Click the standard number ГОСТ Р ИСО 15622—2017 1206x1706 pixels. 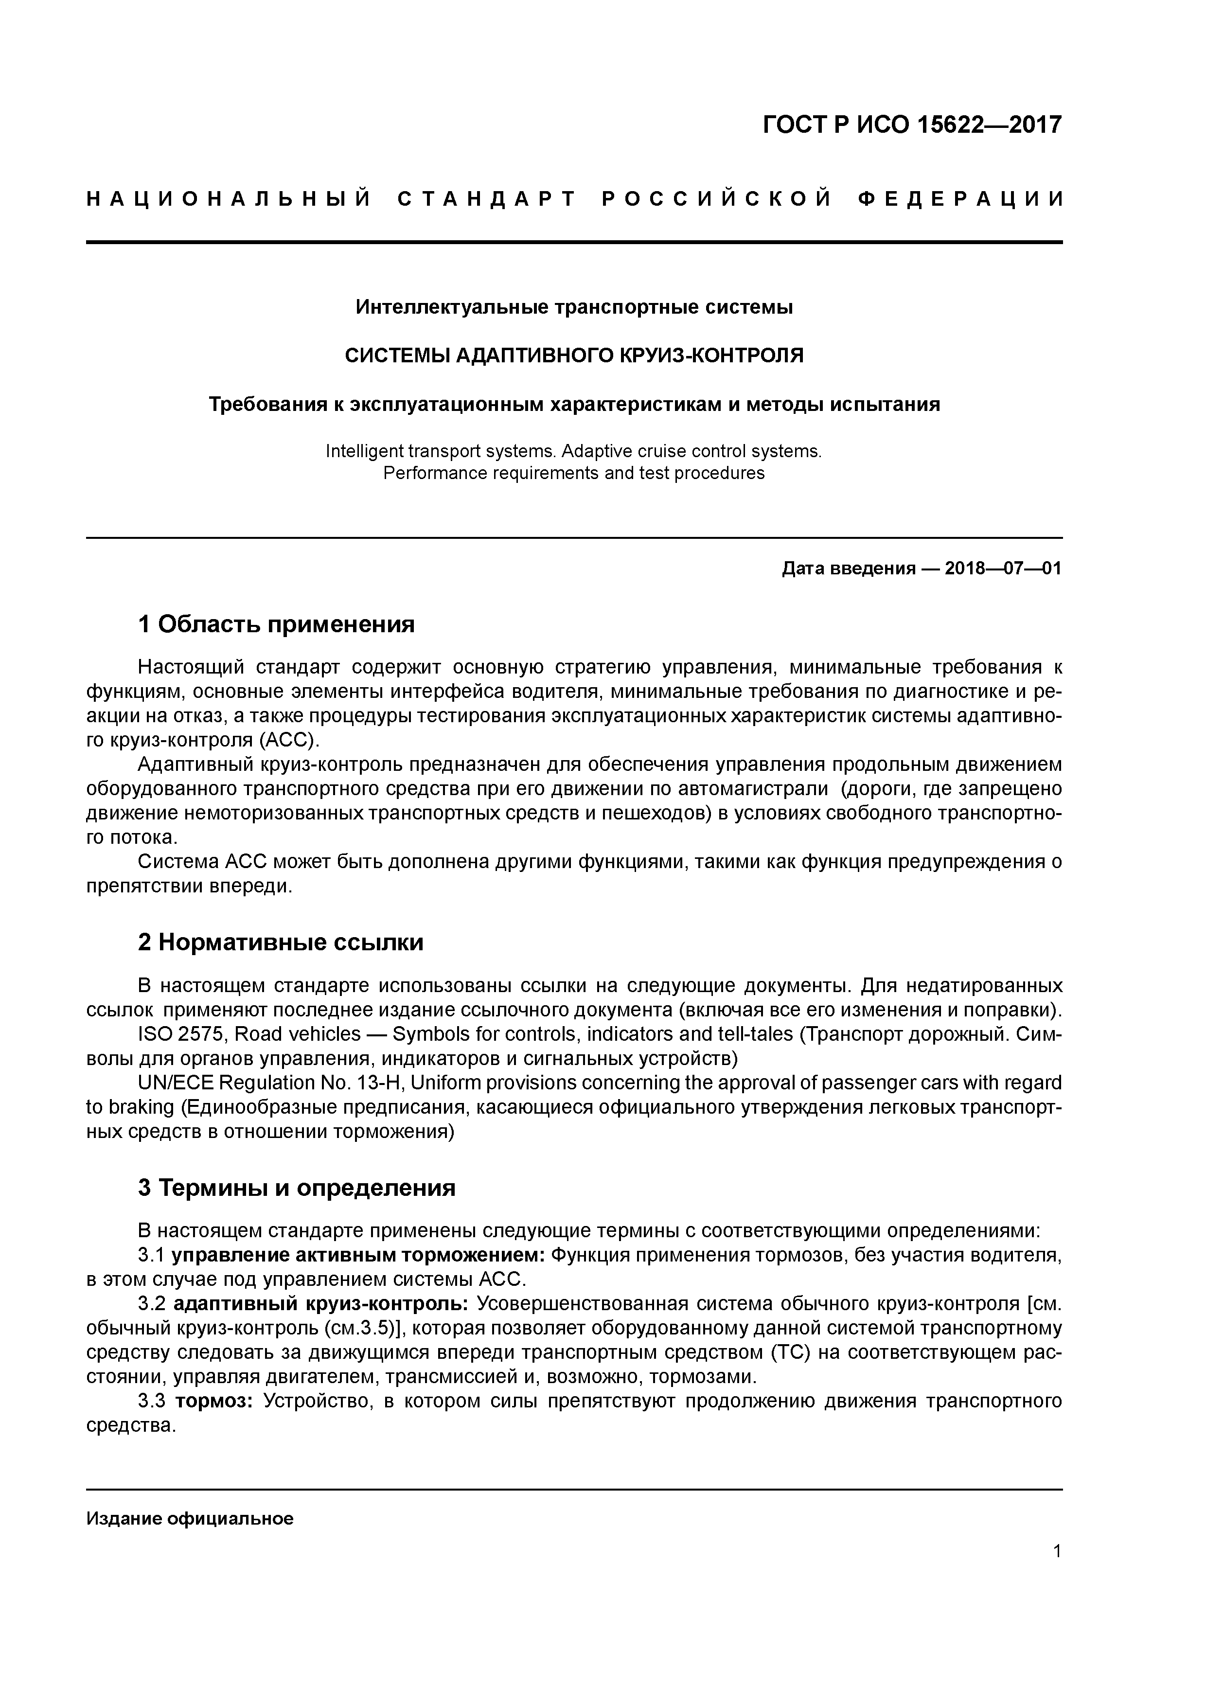pyautogui.click(x=912, y=125)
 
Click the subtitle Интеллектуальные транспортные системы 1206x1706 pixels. pyautogui.click(x=574, y=307)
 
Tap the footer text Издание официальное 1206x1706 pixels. pyautogui.click(x=190, y=1518)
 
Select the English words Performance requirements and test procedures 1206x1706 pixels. pyautogui.click(x=574, y=473)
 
